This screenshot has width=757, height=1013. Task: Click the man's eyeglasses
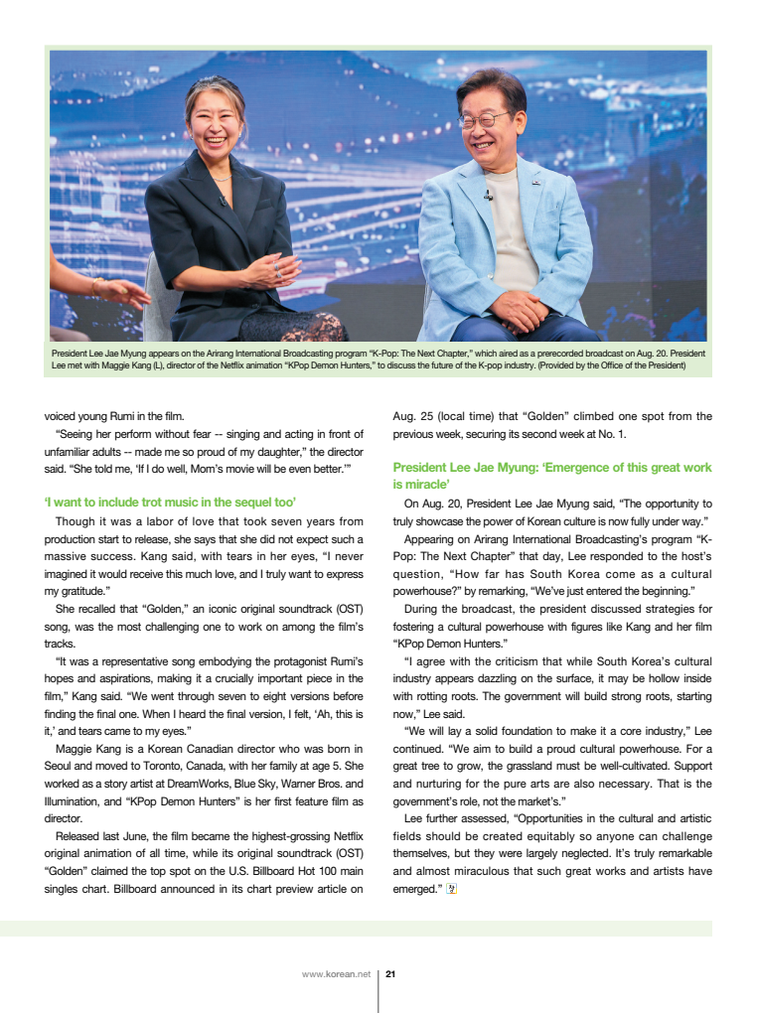tap(484, 120)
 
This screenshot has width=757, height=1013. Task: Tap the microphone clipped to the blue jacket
tap(488, 196)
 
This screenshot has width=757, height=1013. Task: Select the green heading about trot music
tap(171, 503)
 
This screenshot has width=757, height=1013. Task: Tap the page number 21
tap(390, 974)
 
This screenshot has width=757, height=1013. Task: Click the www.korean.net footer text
tap(336, 974)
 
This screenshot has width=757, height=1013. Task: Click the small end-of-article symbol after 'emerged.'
tap(449, 888)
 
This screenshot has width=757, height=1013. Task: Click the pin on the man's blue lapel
tap(535, 182)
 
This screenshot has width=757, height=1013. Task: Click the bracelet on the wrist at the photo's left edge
tap(98, 286)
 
